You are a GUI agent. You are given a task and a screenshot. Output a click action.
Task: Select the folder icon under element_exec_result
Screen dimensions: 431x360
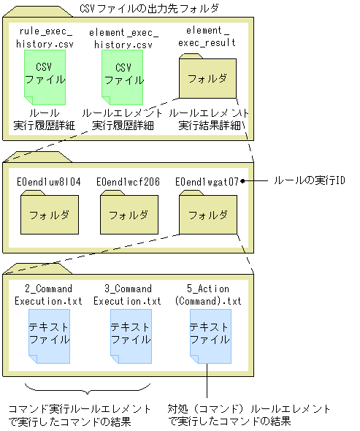[206, 79]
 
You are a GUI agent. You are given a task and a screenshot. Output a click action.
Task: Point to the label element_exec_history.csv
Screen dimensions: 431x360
[121, 39]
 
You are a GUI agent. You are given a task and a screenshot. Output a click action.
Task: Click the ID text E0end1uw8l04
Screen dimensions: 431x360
[48, 180]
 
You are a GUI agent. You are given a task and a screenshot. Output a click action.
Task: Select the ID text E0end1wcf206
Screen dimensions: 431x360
[128, 180]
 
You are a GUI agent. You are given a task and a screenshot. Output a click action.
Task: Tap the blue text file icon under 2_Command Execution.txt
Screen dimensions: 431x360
[49, 334]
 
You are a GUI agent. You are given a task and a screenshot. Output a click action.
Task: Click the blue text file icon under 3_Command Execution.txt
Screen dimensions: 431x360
[129, 334]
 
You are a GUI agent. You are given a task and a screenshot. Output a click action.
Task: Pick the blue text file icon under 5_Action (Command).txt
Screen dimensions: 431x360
[209, 334]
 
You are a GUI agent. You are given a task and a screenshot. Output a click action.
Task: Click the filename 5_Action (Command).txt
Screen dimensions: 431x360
[208, 294]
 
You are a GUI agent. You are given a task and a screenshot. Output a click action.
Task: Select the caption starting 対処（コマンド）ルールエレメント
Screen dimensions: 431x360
[248, 414]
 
